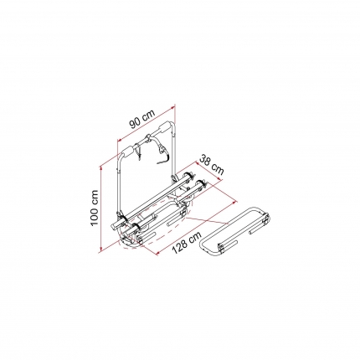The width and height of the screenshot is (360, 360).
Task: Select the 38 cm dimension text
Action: [212, 165]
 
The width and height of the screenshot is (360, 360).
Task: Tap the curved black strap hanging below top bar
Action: [162, 154]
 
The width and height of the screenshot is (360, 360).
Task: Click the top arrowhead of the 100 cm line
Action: [100, 168]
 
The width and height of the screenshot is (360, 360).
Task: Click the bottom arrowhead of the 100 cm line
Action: [100, 249]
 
